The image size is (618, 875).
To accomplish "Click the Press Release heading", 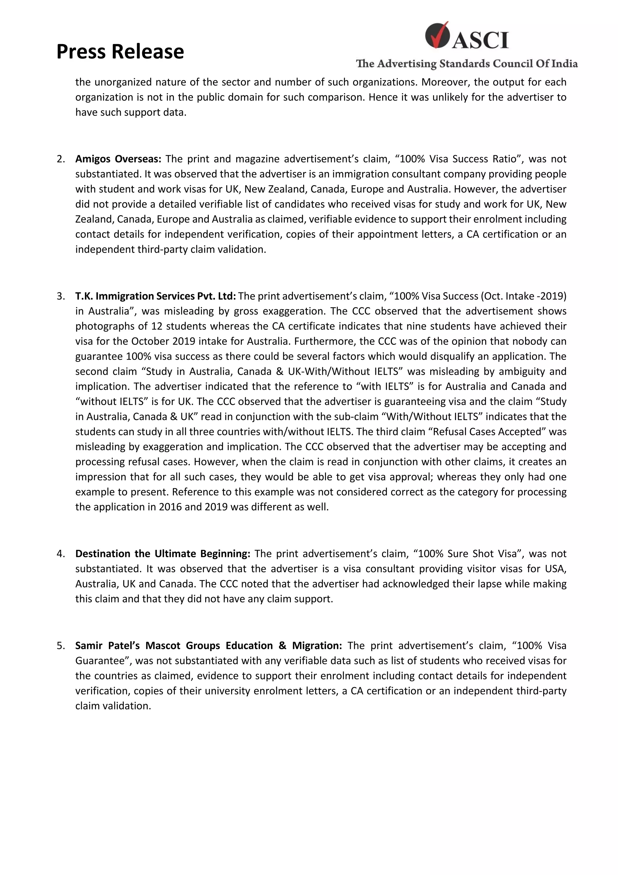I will (x=120, y=51).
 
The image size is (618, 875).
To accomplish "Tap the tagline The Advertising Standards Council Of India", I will (x=467, y=64).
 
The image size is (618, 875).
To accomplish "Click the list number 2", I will (x=61, y=159).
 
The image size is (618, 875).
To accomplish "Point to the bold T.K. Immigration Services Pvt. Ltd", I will (x=155, y=296).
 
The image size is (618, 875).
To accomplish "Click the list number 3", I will (x=61, y=296).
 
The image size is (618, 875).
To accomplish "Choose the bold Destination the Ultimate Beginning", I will (x=163, y=553).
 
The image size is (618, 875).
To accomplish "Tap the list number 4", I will (x=61, y=553).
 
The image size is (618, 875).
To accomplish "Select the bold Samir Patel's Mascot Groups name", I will (x=208, y=646).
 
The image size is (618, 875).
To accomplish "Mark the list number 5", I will (x=61, y=646).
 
